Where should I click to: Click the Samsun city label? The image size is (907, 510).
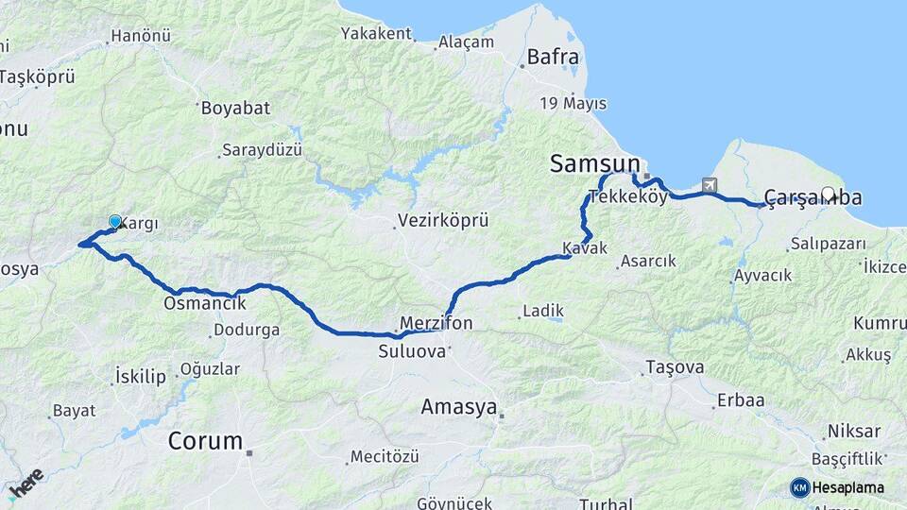(595, 165)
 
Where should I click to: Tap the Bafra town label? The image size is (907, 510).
(553, 57)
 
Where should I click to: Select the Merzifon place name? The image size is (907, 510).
(436, 323)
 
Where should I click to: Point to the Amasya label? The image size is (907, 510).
(459, 407)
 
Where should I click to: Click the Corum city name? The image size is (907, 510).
(205, 440)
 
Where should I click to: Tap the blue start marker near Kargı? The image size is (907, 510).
(115, 222)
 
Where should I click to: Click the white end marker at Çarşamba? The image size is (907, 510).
(829, 195)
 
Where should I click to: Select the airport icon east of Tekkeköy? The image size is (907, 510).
(710, 186)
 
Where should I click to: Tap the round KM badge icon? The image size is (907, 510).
(800, 487)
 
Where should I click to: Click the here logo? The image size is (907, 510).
(25, 484)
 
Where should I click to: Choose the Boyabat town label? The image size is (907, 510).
(235, 108)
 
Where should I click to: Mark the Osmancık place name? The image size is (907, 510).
(205, 303)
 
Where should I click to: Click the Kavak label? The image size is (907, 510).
(584, 248)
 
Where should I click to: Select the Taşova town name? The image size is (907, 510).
(675, 366)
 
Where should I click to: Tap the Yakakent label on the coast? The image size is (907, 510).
(378, 34)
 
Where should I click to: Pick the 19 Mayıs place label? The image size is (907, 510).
(573, 103)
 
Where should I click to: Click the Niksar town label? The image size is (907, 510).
(853, 432)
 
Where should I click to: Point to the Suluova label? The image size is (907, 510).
(412, 351)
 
